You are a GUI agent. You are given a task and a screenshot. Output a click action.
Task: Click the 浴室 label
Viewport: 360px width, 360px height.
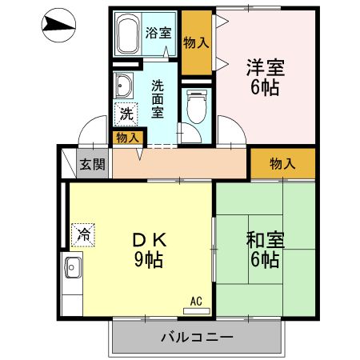pos(158,33)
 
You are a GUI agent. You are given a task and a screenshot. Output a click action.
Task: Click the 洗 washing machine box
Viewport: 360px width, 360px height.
pos(125,114)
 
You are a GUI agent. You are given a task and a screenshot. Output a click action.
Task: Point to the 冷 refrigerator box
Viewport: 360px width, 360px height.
pos(82,234)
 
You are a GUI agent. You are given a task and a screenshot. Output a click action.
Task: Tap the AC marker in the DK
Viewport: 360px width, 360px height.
pos(196,302)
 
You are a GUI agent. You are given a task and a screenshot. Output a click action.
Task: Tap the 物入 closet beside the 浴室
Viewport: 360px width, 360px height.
pos(197,42)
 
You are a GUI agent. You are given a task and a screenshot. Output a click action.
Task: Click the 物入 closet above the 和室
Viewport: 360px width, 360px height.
pos(282,164)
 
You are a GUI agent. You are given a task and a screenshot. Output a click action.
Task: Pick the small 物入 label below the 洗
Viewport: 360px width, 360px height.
pos(127,138)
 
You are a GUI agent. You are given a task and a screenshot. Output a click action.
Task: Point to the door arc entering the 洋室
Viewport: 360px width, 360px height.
pos(230,128)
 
